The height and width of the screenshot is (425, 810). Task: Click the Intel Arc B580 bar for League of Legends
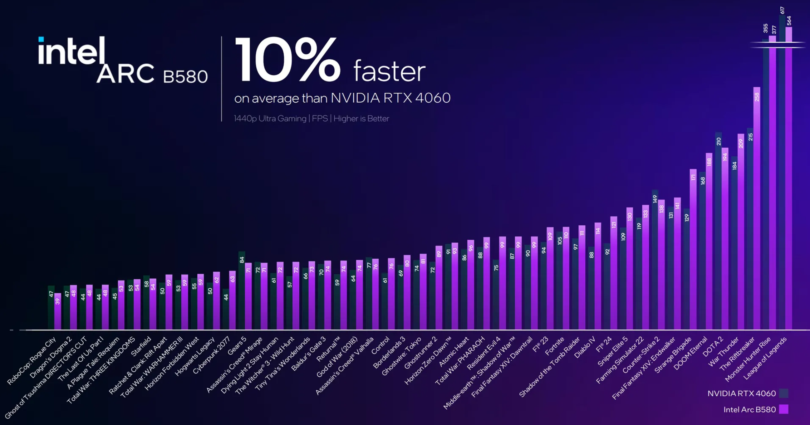click(789, 179)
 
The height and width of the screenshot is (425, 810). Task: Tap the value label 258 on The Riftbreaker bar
click(757, 97)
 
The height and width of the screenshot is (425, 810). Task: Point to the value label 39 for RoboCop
click(58, 302)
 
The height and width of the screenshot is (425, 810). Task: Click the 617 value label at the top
click(782, 10)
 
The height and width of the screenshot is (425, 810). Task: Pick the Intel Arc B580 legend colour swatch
click(784, 409)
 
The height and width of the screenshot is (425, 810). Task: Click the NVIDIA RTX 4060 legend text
click(741, 394)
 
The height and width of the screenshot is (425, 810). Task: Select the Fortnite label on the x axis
click(555, 346)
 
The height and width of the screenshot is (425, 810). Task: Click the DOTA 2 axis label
click(713, 346)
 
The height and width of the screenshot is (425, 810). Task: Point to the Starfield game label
click(141, 346)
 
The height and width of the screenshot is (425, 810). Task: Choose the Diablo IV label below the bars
click(585, 347)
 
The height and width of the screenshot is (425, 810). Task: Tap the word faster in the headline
click(389, 72)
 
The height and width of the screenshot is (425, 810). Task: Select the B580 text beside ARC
click(185, 77)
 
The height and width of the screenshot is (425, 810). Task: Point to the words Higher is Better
click(361, 118)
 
